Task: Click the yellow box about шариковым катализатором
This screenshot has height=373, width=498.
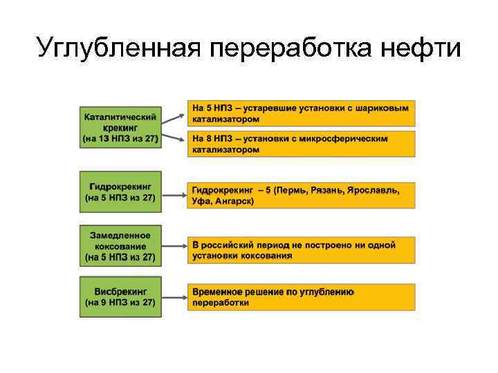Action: click(301, 114)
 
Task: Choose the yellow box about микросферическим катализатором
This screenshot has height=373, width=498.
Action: click(301, 144)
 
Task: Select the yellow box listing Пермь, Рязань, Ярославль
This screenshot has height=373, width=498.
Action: click(301, 195)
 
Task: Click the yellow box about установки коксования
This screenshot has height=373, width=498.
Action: click(301, 250)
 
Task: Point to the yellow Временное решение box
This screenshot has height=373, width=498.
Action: click(301, 297)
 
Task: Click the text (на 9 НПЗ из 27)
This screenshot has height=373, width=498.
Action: click(120, 303)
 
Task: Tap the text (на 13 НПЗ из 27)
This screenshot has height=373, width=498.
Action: click(120, 139)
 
